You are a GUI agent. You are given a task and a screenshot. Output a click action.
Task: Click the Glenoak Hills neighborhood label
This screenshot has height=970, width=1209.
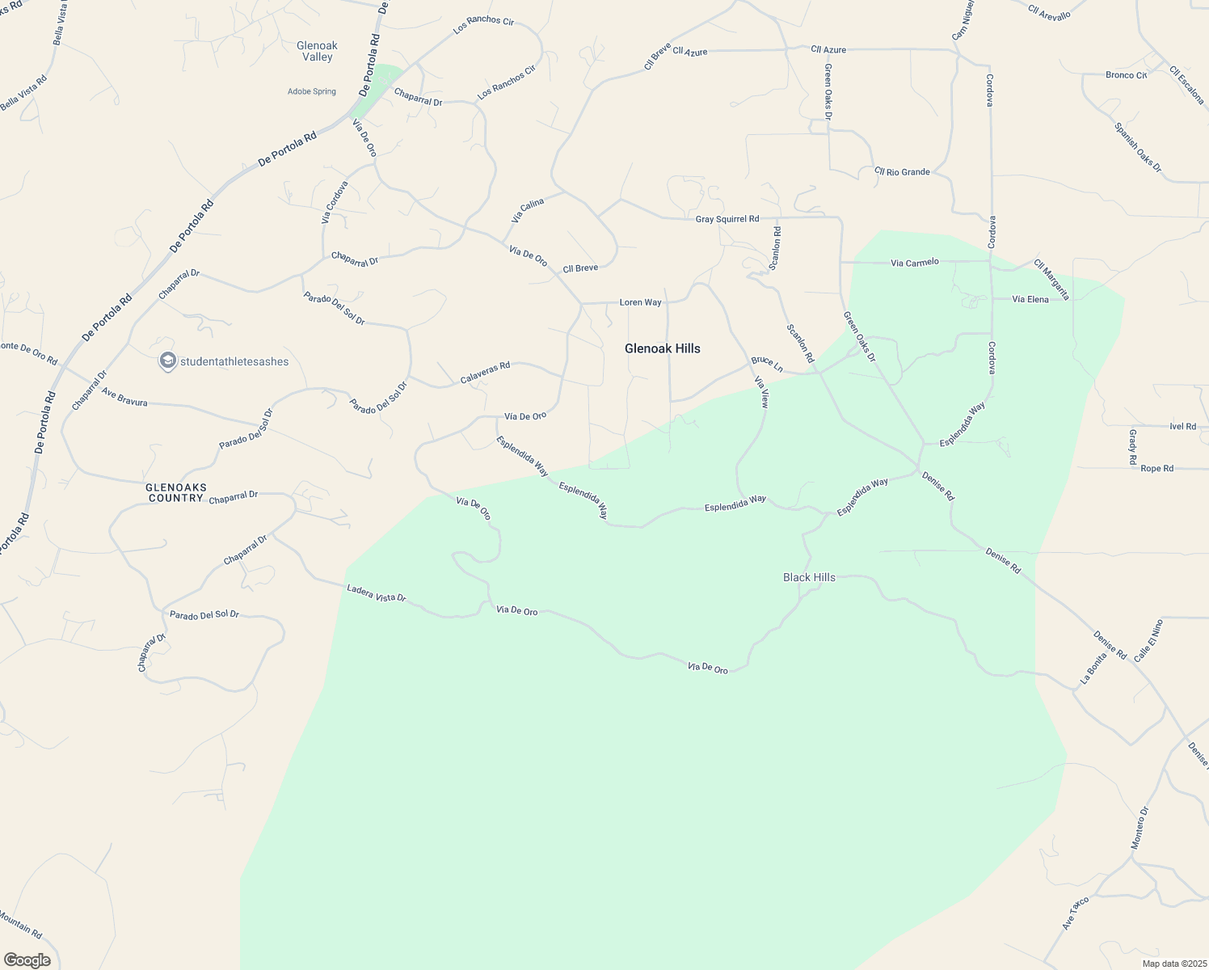pyautogui.click(x=662, y=348)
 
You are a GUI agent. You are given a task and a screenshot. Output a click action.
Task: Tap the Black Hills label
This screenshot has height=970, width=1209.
pyautogui.click(x=809, y=577)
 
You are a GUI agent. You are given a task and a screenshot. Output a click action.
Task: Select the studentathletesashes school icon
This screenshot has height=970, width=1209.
pyautogui.click(x=168, y=361)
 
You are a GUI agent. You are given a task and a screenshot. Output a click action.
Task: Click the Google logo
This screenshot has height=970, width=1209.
pyautogui.click(x=27, y=960)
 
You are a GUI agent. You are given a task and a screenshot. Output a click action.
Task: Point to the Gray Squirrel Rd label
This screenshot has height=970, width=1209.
pyautogui.click(x=727, y=219)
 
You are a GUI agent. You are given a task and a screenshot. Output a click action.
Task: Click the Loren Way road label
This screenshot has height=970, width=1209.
pyautogui.click(x=640, y=302)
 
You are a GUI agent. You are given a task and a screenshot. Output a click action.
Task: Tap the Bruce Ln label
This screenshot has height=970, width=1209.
pyautogui.click(x=767, y=363)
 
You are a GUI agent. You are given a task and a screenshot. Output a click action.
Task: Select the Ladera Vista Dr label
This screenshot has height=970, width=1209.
pyautogui.click(x=376, y=593)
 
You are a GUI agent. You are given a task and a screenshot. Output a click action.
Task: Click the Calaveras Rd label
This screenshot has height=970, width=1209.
pyautogui.click(x=485, y=372)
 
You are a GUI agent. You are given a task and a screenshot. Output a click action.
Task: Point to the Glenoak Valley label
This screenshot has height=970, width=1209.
pyautogui.click(x=317, y=52)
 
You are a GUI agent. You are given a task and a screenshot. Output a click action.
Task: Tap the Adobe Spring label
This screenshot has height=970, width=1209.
pyautogui.click(x=312, y=91)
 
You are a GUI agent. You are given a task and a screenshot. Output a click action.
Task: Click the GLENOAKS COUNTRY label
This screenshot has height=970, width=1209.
pyautogui.click(x=176, y=492)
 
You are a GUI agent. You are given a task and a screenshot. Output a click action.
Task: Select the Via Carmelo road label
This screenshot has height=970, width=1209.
pyautogui.click(x=915, y=262)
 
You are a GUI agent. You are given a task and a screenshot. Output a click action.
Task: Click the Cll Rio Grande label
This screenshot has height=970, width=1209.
pyautogui.click(x=902, y=172)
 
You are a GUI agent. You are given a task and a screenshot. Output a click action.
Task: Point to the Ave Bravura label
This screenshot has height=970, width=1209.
pyautogui.click(x=124, y=396)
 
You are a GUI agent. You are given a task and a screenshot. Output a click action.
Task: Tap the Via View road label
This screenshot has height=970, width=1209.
pyautogui.click(x=760, y=391)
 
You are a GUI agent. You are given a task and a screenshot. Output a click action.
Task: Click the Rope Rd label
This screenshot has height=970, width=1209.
pyautogui.click(x=1156, y=468)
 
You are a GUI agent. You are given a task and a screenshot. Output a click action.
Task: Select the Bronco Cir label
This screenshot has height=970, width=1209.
pyautogui.click(x=1126, y=75)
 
